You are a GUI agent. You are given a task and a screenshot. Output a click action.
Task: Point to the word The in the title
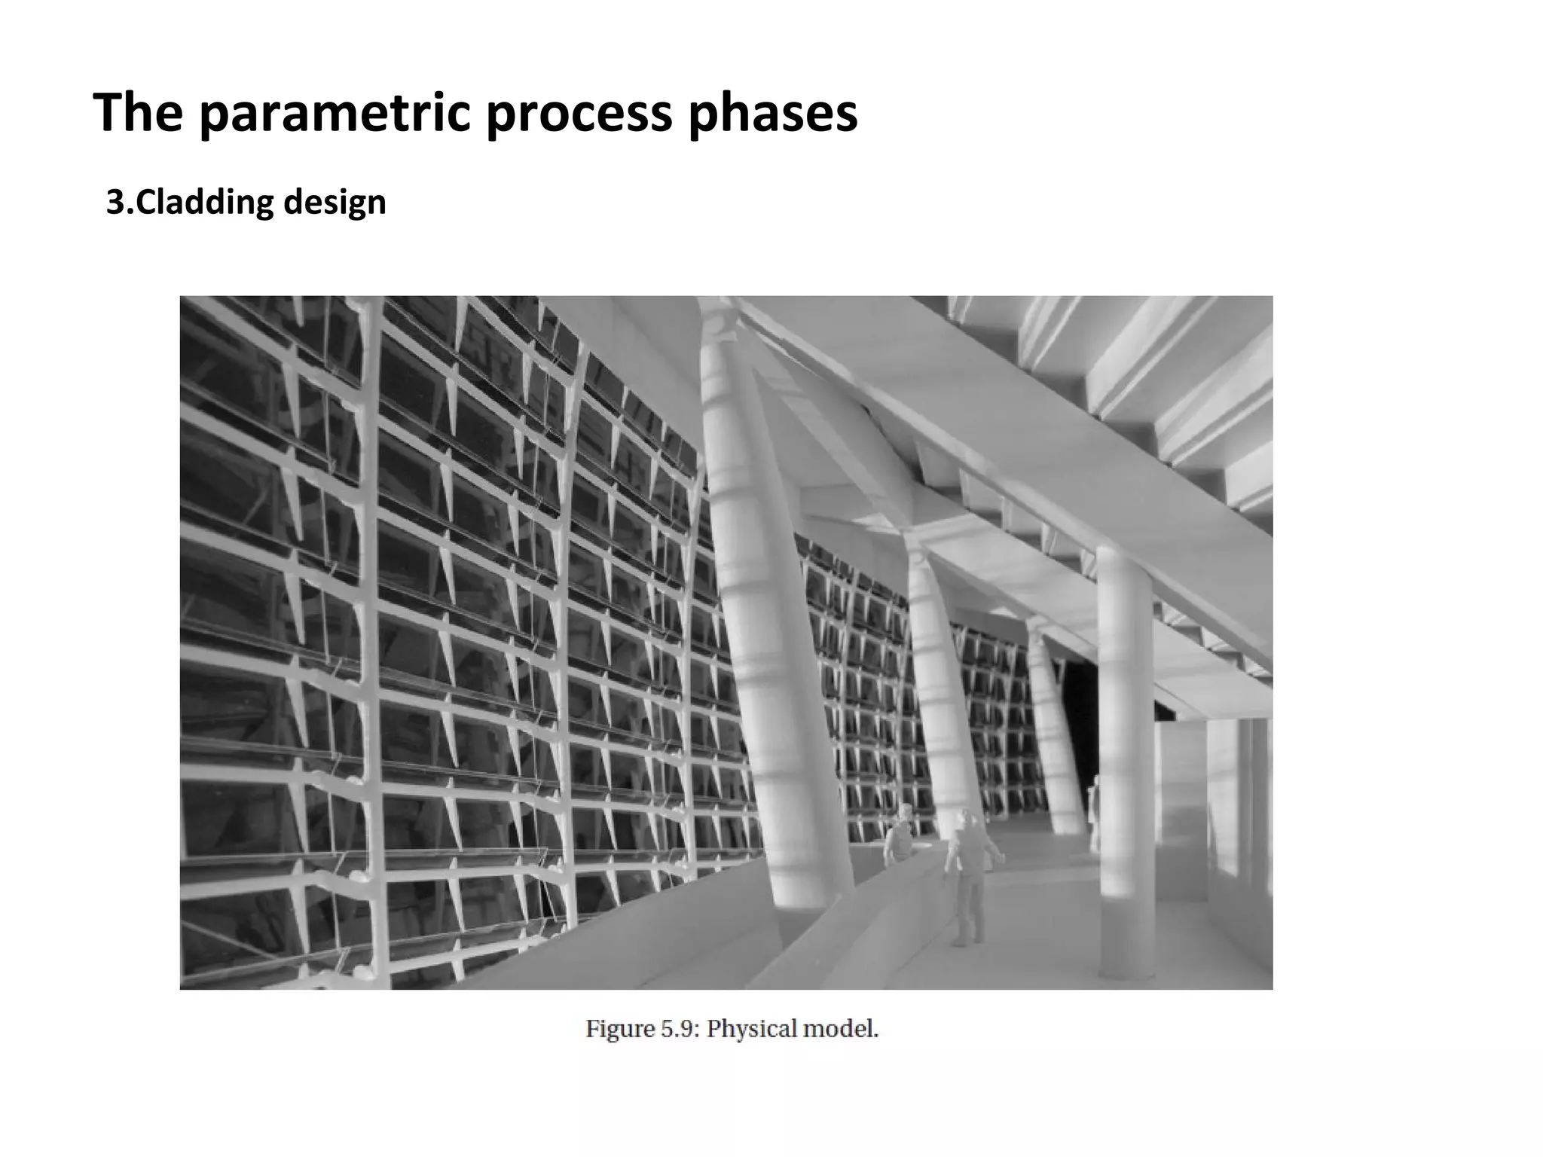tap(138, 114)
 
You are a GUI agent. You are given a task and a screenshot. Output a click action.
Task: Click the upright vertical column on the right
tap(1124, 753)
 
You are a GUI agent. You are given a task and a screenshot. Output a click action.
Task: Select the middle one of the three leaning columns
tap(938, 678)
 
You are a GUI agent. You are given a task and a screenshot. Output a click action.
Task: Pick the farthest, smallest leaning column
tap(1055, 738)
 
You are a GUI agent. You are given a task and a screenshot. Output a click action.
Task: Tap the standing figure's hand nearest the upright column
tap(1001, 856)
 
